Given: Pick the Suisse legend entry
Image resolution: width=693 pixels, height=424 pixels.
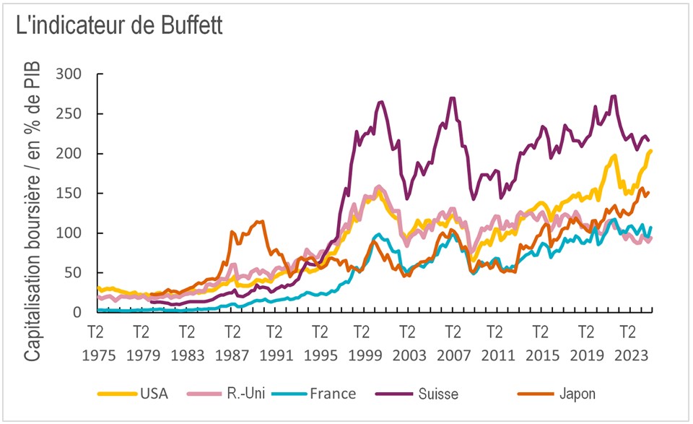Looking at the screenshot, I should coord(437,394).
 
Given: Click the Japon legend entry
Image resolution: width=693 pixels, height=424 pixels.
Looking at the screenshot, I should coord(575,394).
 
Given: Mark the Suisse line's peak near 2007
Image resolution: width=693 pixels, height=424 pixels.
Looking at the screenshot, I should coord(453,98).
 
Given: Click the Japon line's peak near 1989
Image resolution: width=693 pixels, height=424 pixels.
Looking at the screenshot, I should coord(261,221).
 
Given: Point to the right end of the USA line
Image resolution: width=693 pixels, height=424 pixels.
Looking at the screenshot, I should coord(651,150).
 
